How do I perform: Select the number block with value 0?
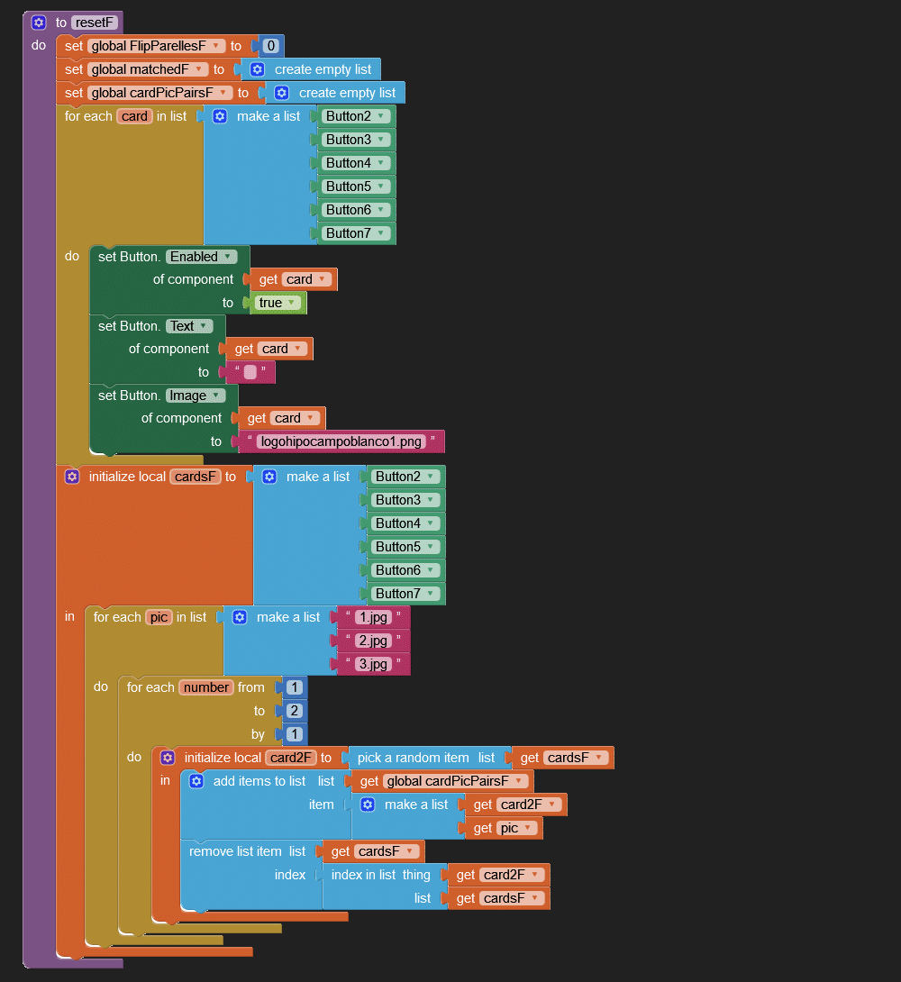coord(270,46)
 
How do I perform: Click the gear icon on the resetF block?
coord(39,23)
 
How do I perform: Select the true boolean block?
coord(278,303)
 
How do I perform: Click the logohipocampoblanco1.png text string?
coord(341,441)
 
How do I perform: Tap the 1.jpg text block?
coord(372,617)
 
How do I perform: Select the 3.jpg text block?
coord(372,664)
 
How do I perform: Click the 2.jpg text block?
coord(372,641)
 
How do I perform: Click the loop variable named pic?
coord(159,617)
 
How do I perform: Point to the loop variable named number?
coord(206,687)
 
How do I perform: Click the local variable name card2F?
coord(290,758)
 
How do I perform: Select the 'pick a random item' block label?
coord(414,758)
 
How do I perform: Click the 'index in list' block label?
coord(363,875)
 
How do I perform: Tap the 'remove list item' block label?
coord(235,851)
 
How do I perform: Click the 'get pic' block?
coord(505,828)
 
